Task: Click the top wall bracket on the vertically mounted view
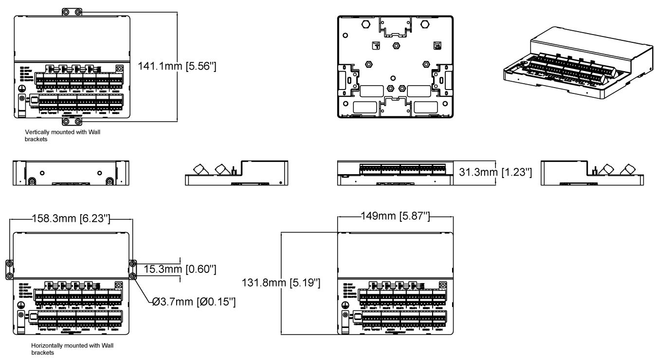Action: click(x=72, y=11)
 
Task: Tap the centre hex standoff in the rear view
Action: click(x=396, y=45)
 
